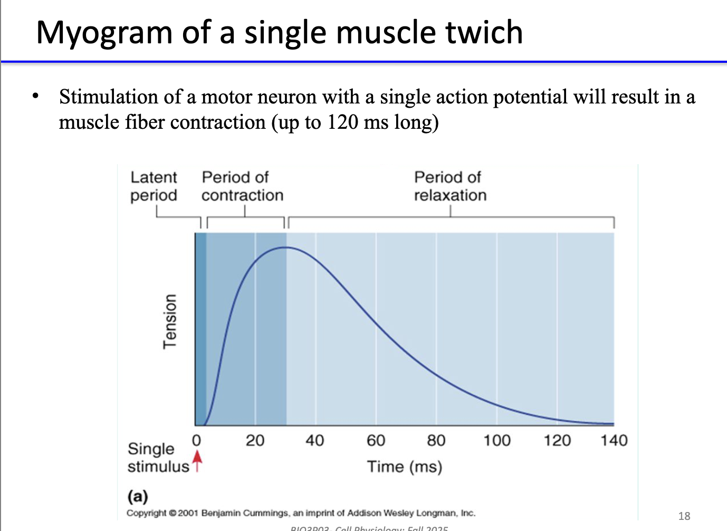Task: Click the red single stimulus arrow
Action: click(x=197, y=459)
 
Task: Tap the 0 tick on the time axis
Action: click(x=196, y=440)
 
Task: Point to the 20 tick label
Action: click(x=255, y=440)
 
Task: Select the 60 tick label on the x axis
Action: click(x=376, y=440)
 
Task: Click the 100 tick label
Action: click(x=496, y=440)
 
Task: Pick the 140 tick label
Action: click(x=614, y=440)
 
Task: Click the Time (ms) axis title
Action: click(x=404, y=467)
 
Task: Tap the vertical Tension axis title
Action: click(x=169, y=321)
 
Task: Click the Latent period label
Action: click(x=154, y=186)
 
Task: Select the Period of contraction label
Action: click(x=242, y=186)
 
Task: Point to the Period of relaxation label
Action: click(x=449, y=186)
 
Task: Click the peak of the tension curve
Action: click(x=285, y=247)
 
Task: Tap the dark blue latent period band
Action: click(x=200, y=327)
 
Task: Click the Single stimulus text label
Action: click(x=157, y=458)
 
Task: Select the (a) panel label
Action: click(x=138, y=496)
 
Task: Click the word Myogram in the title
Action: click(x=104, y=33)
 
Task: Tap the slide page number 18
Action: click(x=684, y=516)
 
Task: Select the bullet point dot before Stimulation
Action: click(x=35, y=96)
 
